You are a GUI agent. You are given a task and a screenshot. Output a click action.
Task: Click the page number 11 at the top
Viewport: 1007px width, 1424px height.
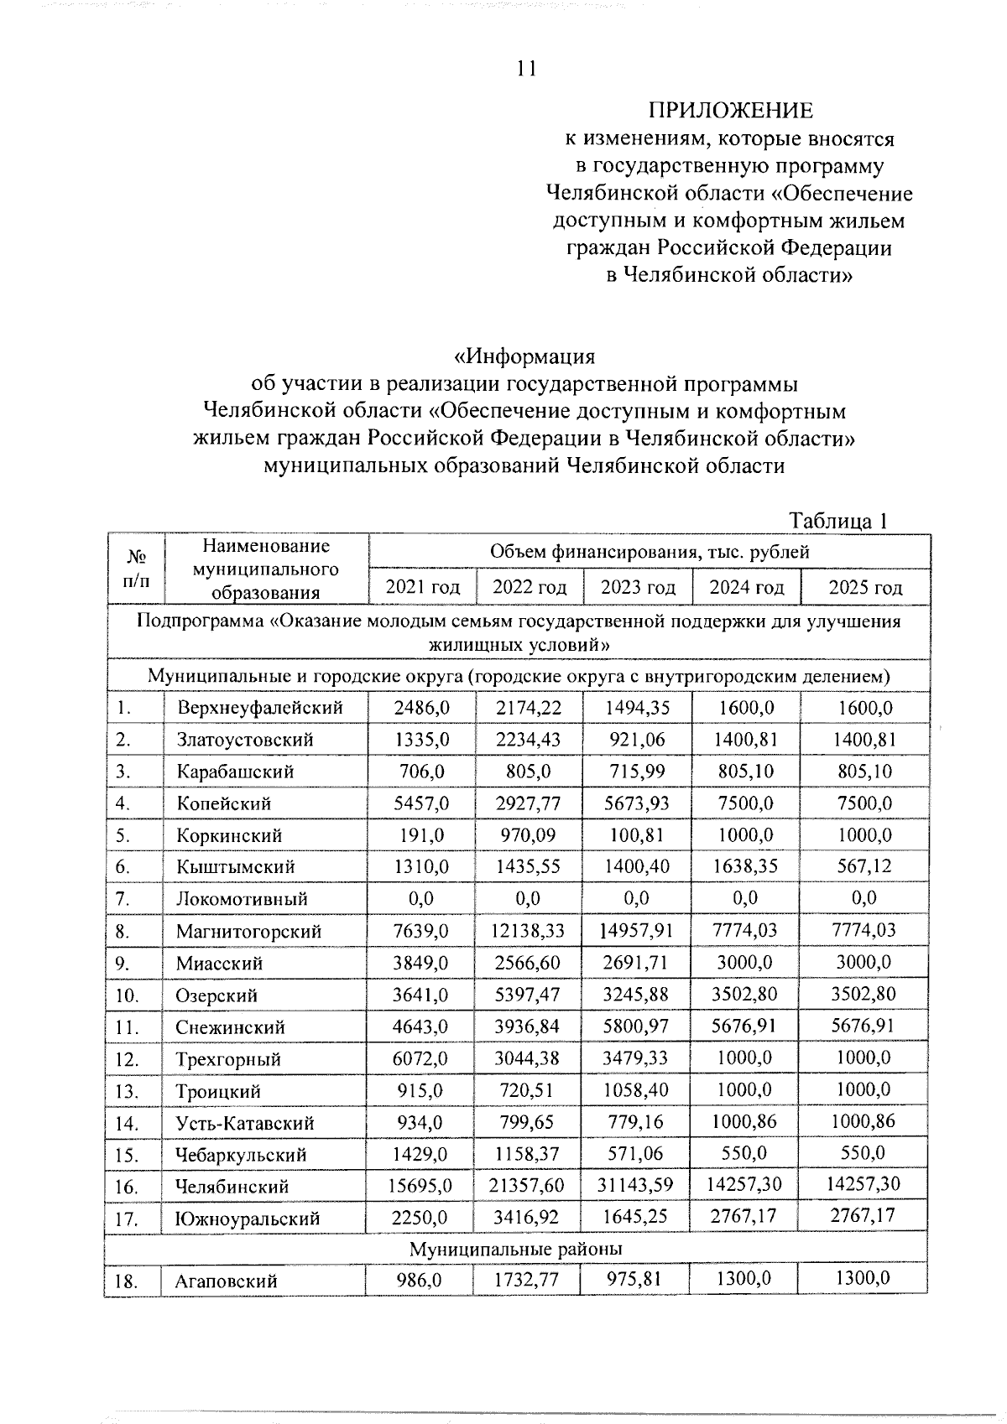coord(526,69)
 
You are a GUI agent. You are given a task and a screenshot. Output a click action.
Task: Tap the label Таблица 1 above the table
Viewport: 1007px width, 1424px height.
coord(838,521)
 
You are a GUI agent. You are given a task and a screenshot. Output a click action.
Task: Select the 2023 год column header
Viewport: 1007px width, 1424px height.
coord(638,587)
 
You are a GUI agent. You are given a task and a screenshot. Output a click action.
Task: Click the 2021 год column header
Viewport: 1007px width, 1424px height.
coord(422,587)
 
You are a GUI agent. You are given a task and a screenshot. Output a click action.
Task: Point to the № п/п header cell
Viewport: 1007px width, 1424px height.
coord(135,569)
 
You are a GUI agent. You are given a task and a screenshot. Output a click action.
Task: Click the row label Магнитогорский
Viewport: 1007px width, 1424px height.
coord(248,931)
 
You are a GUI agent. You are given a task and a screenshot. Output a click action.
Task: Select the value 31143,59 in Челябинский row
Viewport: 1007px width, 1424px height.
coord(638,1186)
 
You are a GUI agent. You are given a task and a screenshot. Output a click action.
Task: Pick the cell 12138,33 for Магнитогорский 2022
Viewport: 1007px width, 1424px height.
coord(529,931)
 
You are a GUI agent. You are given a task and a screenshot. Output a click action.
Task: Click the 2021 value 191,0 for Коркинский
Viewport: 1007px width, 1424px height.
coord(422,835)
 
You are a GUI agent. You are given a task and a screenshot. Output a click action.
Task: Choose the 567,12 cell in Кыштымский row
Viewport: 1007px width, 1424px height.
coord(865,866)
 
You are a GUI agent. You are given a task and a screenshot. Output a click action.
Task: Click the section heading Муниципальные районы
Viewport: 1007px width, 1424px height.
coord(515,1250)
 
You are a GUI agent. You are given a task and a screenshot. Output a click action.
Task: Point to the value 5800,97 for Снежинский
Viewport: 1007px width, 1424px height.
coord(638,1026)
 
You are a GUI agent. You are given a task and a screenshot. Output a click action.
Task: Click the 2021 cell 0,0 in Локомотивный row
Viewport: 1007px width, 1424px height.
coord(421,899)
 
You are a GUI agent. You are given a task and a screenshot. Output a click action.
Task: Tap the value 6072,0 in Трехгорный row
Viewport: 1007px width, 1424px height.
coord(422,1058)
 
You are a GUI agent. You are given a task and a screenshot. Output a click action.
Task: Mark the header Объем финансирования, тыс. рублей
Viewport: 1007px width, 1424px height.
coord(650,552)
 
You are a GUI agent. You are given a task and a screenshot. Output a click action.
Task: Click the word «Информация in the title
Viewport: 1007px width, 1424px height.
coord(524,356)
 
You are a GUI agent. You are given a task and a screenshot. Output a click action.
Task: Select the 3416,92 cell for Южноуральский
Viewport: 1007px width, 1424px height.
coord(529,1218)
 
